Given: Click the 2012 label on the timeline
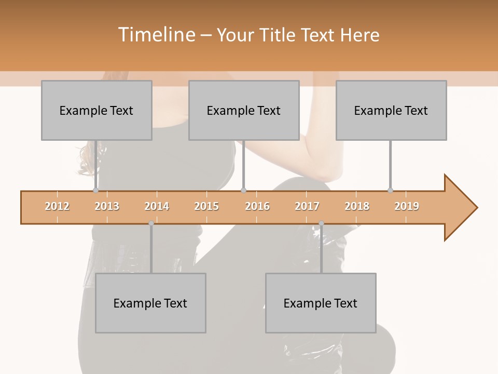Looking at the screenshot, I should (57, 206).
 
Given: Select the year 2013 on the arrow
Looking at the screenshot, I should (107, 206).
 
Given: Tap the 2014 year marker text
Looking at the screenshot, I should (157, 206).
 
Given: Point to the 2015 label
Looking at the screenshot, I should (206, 206).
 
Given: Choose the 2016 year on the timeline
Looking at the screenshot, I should (257, 206).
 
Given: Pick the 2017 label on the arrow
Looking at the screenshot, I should (307, 206).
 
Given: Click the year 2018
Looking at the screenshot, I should (357, 206).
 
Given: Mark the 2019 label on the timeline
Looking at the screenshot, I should (407, 206).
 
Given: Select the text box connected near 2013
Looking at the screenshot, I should (96, 110).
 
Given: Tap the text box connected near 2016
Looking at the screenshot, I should (244, 110).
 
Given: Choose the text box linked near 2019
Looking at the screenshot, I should (391, 110).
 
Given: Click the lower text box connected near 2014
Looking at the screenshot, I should (150, 303).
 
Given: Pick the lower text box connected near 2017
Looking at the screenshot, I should (321, 303).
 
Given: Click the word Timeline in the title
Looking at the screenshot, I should (156, 35).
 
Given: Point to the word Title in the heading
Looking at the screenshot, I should (279, 35).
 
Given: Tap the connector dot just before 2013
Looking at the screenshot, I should (95, 191).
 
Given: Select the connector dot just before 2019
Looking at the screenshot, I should (390, 191).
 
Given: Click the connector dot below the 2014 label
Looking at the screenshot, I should (151, 223).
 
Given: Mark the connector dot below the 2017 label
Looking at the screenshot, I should (321, 223).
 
